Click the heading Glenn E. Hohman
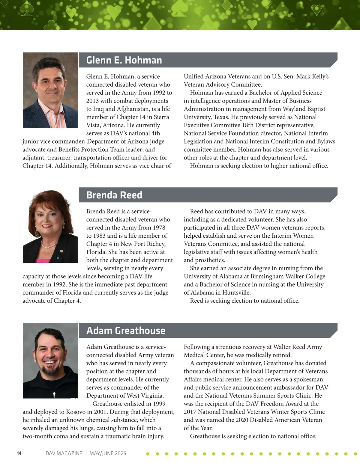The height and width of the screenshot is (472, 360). coord(124,60)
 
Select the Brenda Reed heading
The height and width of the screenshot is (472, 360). coord(114,195)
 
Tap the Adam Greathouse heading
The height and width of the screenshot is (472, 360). coord(126,331)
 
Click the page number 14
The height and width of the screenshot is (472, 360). coord(19,453)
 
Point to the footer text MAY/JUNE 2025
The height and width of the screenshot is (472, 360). coord(108,453)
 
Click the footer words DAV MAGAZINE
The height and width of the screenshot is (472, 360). coord(64,453)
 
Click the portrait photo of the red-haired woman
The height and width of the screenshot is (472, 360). coord(50,227)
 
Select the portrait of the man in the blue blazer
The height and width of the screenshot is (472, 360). coord(50,90)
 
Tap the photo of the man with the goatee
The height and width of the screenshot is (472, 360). coord(50,361)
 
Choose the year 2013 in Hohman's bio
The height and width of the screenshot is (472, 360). coord(92,101)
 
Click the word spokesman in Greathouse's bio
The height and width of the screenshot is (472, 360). coord(308,380)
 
